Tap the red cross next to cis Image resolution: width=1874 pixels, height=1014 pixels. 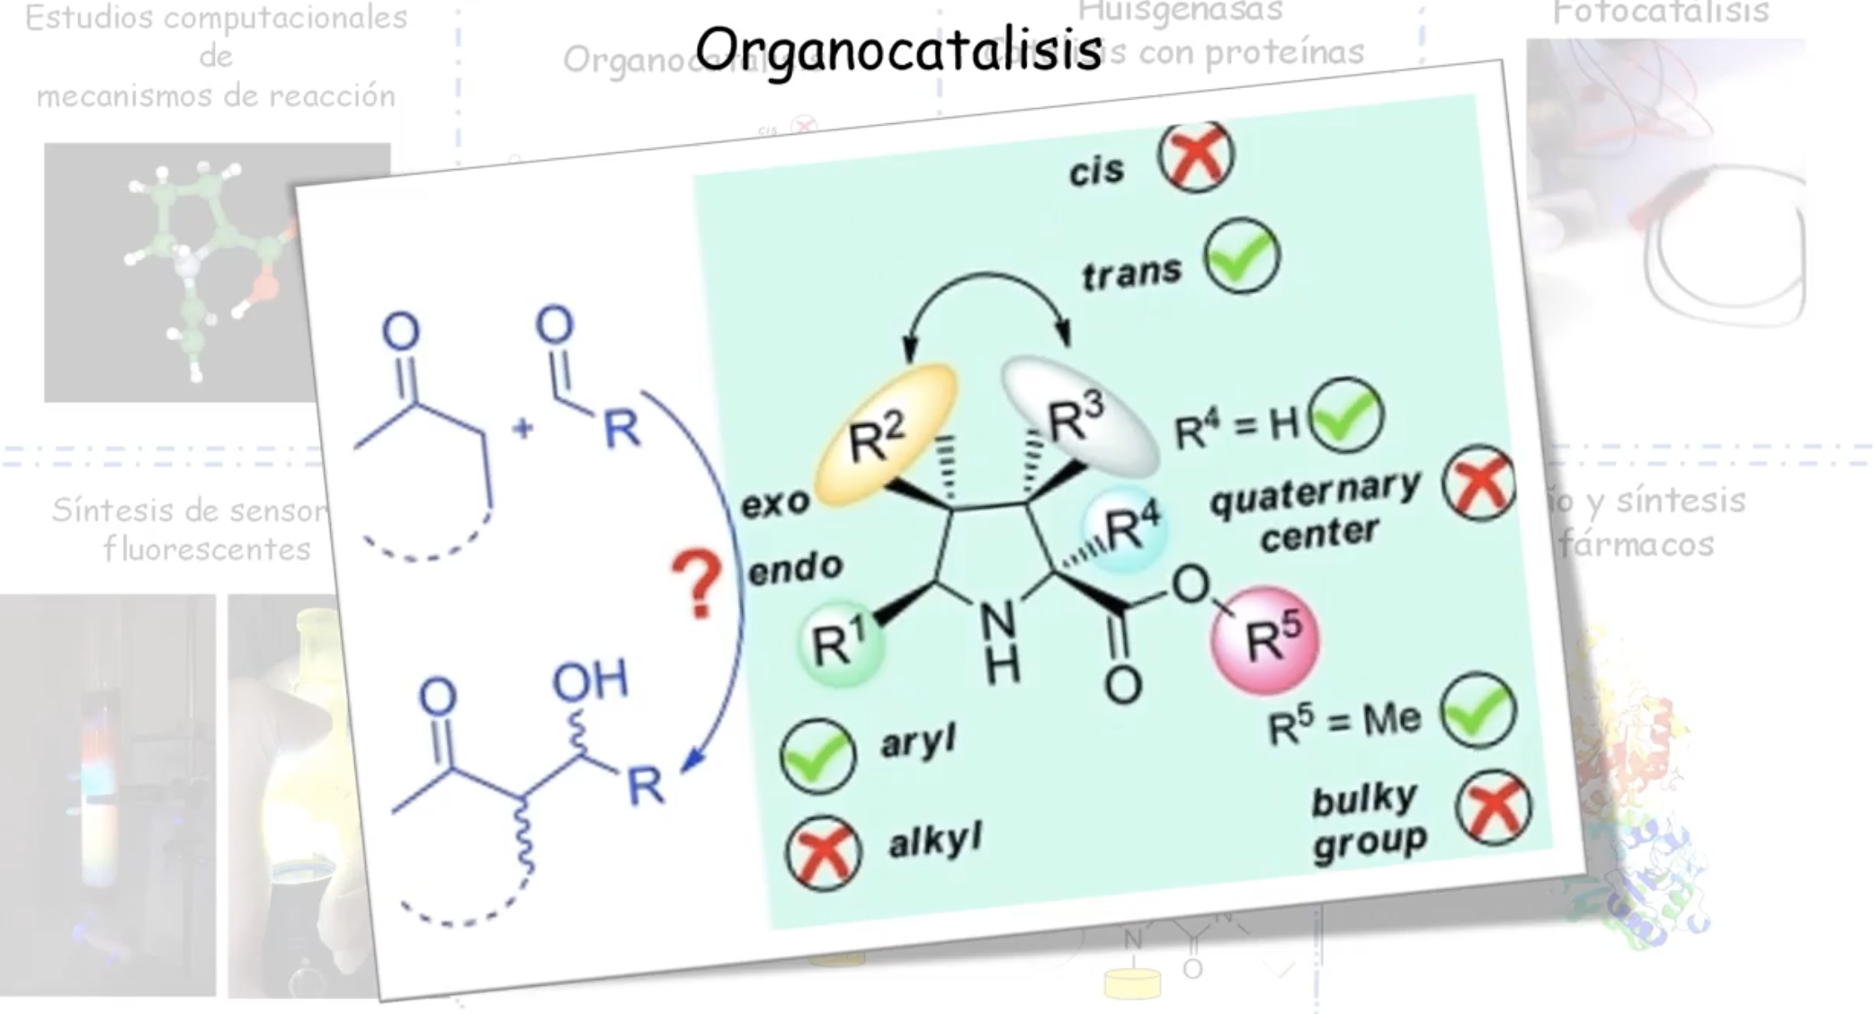coord(1195,156)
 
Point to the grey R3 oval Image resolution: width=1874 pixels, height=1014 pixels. coord(1078,416)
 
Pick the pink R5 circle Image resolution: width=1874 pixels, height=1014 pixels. coord(1265,640)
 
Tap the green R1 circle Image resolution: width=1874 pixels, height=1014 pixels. coord(841,643)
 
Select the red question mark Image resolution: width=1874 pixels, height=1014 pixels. coord(697,584)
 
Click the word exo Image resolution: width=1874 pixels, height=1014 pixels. coord(774,503)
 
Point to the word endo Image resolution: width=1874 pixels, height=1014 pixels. coord(795,568)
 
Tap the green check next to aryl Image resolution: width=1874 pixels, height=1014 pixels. coord(817,756)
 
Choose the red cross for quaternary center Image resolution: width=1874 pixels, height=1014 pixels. coord(1479,484)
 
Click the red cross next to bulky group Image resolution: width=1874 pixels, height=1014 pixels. coord(1494,806)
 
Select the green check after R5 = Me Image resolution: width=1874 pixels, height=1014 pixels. coord(1478,711)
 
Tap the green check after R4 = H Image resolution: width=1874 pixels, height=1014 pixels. coord(1346,416)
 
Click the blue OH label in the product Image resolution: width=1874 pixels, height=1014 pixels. coord(590,680)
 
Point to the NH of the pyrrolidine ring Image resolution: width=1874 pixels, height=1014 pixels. coord(999,640)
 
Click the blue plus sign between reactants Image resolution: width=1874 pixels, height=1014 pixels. coord(522,428)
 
